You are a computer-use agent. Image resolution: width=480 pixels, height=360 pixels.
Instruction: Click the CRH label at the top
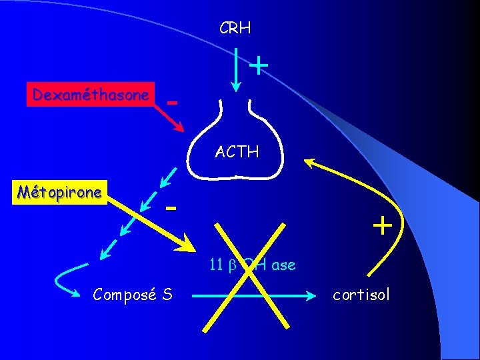[x=235, y=29]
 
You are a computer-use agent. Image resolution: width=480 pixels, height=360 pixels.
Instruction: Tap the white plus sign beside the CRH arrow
[x=258, y=65]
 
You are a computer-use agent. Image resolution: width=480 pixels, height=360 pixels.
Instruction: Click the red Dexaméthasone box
[x=91, y=95]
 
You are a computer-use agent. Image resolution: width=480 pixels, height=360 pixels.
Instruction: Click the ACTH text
[x=237, y=152]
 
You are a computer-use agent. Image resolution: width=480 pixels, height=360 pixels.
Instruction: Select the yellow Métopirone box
[x=59, y=193]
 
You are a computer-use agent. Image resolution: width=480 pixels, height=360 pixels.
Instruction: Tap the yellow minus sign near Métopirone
[x=172, y=209]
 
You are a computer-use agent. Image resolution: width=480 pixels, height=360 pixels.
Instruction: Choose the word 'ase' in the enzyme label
[x=283, y=265]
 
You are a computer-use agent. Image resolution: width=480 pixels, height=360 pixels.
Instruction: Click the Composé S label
[x=133, y=293]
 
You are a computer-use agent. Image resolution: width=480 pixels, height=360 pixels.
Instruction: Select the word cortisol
[x=360, y=294]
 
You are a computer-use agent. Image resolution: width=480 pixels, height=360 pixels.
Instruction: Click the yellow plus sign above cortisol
[x=382, y=226]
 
